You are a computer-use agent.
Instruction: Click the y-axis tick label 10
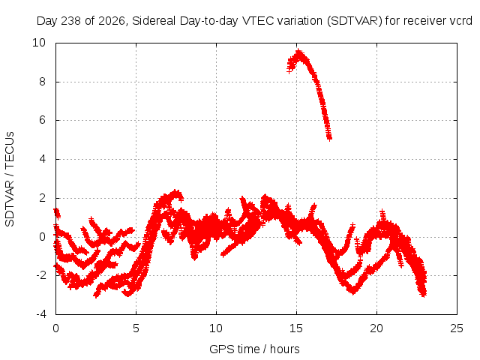point(39,43)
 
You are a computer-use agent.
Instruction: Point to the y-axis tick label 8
point(42,82)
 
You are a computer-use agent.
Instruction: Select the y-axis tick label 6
point(42,120)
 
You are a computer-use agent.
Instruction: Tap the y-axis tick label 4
point(42,159)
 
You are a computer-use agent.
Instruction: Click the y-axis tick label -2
point(40,275)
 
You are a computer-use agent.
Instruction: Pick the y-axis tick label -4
point(40,314)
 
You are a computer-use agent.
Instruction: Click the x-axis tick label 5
point(136,328)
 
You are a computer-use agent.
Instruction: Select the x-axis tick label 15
point(296,328)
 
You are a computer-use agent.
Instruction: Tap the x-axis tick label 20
point(376,328)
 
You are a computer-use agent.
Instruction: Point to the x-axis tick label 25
point(457,328)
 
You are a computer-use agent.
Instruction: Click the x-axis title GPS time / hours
point(254,349)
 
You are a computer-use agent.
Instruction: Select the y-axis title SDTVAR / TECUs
point(10,179)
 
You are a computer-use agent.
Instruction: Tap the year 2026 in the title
point(112,21)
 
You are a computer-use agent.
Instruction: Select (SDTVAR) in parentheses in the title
point(355,21)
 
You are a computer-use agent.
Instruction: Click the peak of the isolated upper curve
point(298,52)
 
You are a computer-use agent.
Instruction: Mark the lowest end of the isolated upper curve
point(329,138)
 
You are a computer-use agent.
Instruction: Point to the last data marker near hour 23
point(424,294)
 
